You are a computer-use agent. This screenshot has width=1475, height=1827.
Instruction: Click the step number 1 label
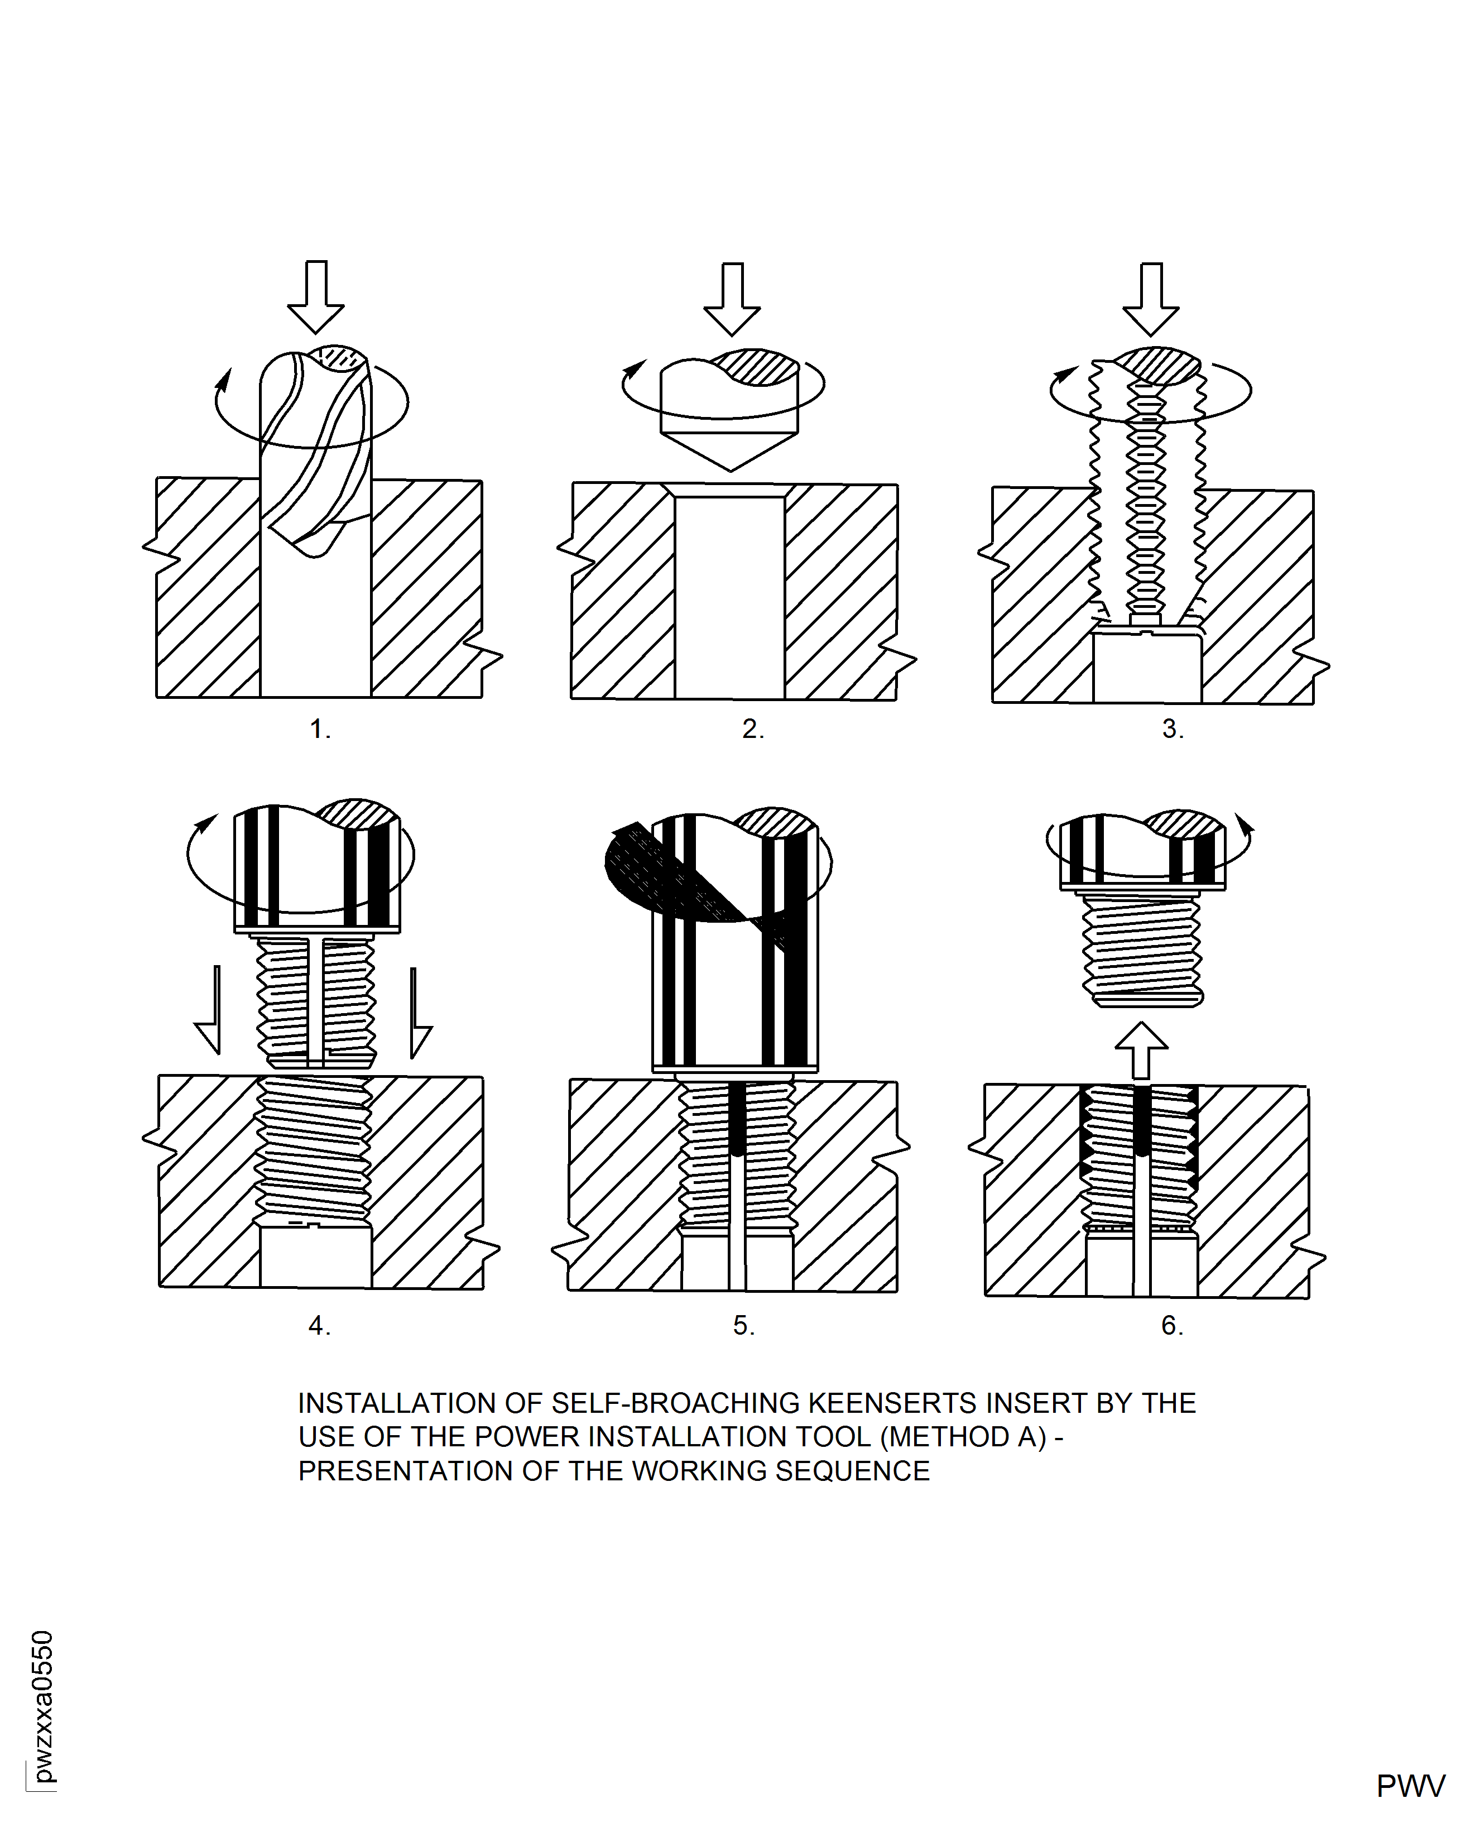pyautogui.click(x=319, y=729)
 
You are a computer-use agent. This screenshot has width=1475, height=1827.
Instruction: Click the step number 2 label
pyautogui.click(x=753, y=729)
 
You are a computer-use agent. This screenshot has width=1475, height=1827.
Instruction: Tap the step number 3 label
pyautogui.click(x=1173, y=729)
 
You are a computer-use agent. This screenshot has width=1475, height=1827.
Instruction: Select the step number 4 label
pyautogui.click(x=319, y=1326)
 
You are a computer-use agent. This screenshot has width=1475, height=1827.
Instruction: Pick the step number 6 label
pyautogui.click(x=1173, y=1326)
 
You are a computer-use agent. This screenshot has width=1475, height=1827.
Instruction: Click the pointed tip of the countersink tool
pyautogui.click(x=731, y=467)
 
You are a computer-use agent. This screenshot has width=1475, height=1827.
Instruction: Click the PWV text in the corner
pyautogui.click(x=1410, y=1786)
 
